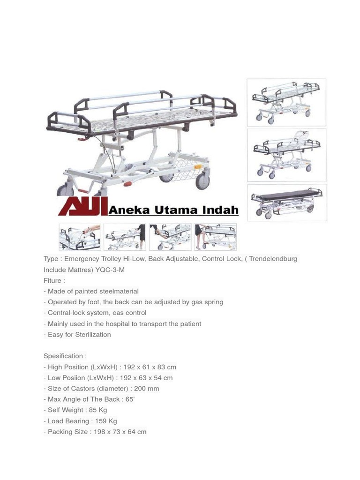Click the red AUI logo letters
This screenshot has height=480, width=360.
82,206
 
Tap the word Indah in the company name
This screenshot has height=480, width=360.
220,210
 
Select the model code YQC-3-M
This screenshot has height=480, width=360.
111,270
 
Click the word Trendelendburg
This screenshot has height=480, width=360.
273,259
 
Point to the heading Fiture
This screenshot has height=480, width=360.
53,280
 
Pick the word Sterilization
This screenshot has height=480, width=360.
93,334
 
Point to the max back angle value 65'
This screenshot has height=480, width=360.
130,399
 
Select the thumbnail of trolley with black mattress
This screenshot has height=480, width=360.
287,202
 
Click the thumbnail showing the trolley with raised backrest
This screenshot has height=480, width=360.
287,155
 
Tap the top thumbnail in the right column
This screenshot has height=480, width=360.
287,102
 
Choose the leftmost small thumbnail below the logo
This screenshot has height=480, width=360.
80,237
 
